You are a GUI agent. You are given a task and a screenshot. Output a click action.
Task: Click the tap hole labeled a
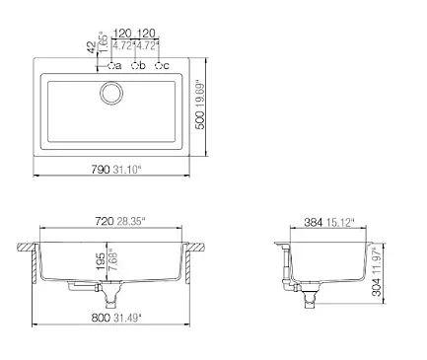[111, 66]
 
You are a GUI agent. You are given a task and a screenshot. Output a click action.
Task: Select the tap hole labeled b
[135, 66]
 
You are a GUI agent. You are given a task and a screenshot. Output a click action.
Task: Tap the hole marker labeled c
[159, 66]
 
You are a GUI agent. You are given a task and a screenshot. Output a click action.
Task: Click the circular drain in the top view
[111, 93]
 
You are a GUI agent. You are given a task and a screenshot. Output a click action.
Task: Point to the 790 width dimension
[101, 170]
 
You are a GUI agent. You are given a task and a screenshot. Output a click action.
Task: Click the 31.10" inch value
[127, 170]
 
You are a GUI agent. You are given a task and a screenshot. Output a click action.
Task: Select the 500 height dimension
[200, 120]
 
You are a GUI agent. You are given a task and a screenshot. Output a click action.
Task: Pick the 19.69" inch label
[200, 94]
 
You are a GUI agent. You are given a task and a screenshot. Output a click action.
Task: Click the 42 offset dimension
[93, 47]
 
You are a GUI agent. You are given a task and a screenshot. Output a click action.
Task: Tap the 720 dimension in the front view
[105, 221]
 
